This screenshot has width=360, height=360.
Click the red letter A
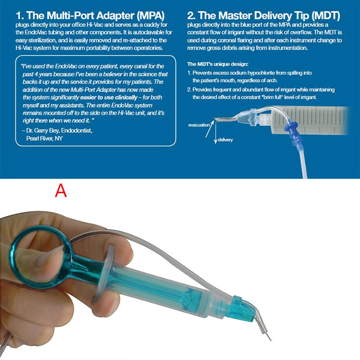coord(61,190)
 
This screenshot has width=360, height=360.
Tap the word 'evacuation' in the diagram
coord(199,125)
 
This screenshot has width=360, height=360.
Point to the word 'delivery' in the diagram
coord(225,140)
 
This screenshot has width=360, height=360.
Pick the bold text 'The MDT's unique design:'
coord(213,63)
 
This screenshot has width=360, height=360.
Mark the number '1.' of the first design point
coord(189,72)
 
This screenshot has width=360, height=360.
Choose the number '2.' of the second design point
coord(189,90)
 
